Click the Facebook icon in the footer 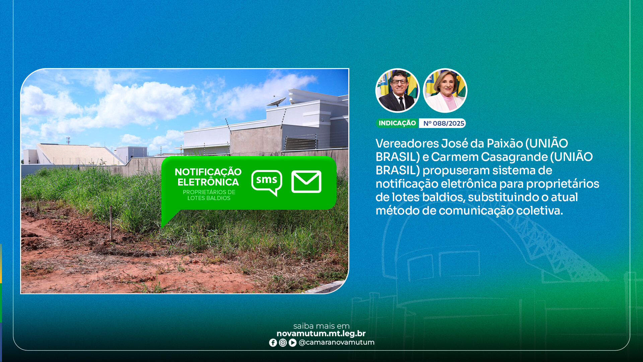click(x=273, y=343)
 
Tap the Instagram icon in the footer click(x=283, y=343)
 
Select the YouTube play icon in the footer click(x=292, y=343)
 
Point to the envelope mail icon click(x=306, y=182)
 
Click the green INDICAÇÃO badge click(x=397, y=123)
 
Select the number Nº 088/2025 click(x=443, y=123)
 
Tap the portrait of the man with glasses click(x=398, y=90)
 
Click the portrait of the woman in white click(x=445, y=90)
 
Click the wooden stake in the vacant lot click(x=111, y=223)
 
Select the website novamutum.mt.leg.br click(x=321, y=334)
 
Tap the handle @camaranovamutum click(x=336, y=343)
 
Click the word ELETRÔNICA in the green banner click(x=208, y=182)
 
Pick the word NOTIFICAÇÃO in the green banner click(x=208, y=172)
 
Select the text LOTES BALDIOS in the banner click(x=209, y=198)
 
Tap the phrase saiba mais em click(x=321, y=326)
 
